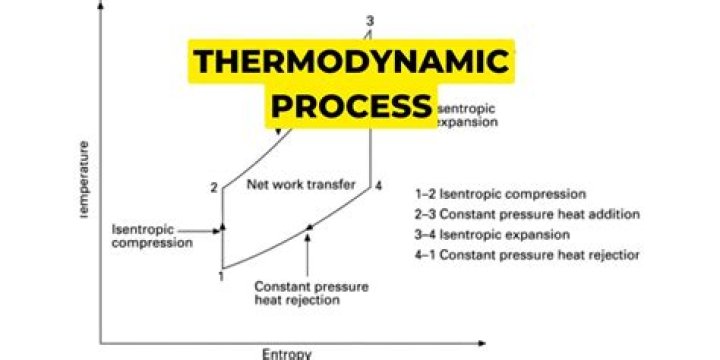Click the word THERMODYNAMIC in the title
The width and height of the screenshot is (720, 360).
352,63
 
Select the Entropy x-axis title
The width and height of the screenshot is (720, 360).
287,352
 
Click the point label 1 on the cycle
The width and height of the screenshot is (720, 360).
221,276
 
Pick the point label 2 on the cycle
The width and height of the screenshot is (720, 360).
213,187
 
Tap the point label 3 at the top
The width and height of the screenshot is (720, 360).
370,21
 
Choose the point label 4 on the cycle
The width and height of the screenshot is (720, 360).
378,186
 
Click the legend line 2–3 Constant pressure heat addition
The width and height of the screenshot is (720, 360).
527,214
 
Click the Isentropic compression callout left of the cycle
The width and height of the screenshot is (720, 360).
151,236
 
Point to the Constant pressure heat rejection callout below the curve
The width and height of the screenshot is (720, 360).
310,292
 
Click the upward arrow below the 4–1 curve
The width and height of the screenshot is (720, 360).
309,254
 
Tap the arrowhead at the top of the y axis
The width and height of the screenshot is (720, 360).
100,10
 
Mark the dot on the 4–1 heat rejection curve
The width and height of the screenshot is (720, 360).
310,228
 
